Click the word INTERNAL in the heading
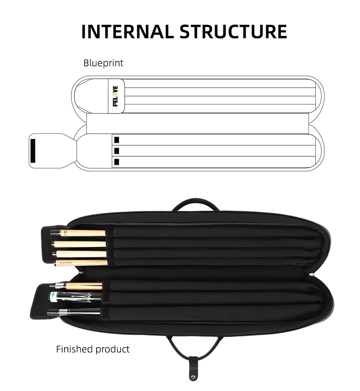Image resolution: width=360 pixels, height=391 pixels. pyautogui.click(x=126, y=32)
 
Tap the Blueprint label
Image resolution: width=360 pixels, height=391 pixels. pyautogui.click(x=103, y=63)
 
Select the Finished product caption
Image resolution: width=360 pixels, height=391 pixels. pyautogui.click(x=93, y=349)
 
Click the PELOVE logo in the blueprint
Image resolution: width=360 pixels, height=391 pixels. pyautogui.click(x=115, y=96)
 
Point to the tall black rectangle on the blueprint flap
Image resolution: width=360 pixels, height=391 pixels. pyautogui.click(x=33, y=150)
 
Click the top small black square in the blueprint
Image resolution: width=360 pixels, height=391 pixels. pyautogui.click(x=117, y=139)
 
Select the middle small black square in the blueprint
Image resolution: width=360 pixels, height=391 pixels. pyautogui.click(x=117, y=150)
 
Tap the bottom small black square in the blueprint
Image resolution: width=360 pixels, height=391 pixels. pyautogui.click(x=117, y=161)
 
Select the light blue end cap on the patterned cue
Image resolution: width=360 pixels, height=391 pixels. pyautogui.click(x=54, y=296)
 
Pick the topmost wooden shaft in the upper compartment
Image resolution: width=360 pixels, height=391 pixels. pyautogui.click(x=82, y=233)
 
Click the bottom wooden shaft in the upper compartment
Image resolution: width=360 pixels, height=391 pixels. pyautogui.click(x=82, y=262)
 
